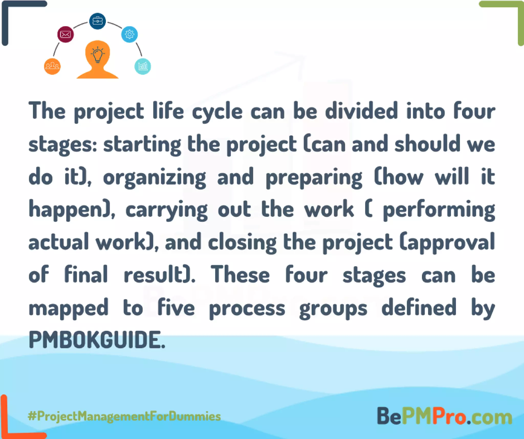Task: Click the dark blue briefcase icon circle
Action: click(97, 21)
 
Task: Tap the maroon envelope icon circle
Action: click(65, 34)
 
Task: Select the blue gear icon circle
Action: click(129, 34)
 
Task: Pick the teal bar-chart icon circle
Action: click(143, 66)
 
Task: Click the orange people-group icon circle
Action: click(52, 66)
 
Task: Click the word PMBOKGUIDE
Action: click(97, 340)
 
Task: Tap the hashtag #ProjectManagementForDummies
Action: click(124, 416)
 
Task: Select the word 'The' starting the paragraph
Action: click(47, 111)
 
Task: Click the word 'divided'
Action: click(362, 111)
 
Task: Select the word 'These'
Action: click(240, 275)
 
